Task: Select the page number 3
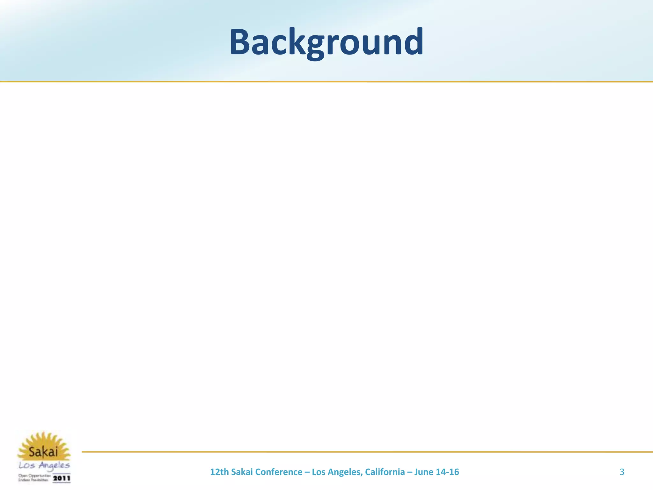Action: pyautogui.click(x=622, y=472)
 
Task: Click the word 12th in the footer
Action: pyautogui.click(x=219, y=472)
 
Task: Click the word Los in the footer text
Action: pyautogui.click(x=318, y=472)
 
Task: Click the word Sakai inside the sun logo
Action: pyautogui.click(x=43, y=452)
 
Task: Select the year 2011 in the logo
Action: pyautogui.click(x=62, y=478)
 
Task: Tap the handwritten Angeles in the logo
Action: pyautogui.click(x=54, y=466)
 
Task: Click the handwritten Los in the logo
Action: pyautogui.click(x=27, y=466)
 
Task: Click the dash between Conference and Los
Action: pyautogui.click(x=307, y=472)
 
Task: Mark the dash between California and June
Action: pyautogui.click(x=409, y=472)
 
